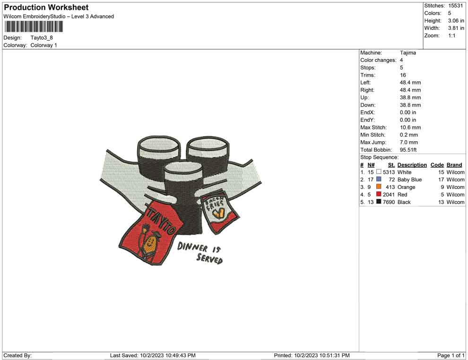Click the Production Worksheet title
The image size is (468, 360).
click(x=46, y=8)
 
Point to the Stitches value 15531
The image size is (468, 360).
click(x=456, y=6)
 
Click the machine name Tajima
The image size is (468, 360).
click(x=408, y=53)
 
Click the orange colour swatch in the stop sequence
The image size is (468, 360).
click(x=379, y=187)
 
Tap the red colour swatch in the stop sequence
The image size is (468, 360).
click(x=379, y=195)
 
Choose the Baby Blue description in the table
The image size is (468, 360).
click(x=409, y=180)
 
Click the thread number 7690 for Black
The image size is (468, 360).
click(x=389, y=202)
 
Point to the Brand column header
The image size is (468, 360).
click(x=454, y=165)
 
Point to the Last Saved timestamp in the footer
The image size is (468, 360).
click(x=152, y=355)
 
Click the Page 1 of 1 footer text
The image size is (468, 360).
click(x=451, y=355)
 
